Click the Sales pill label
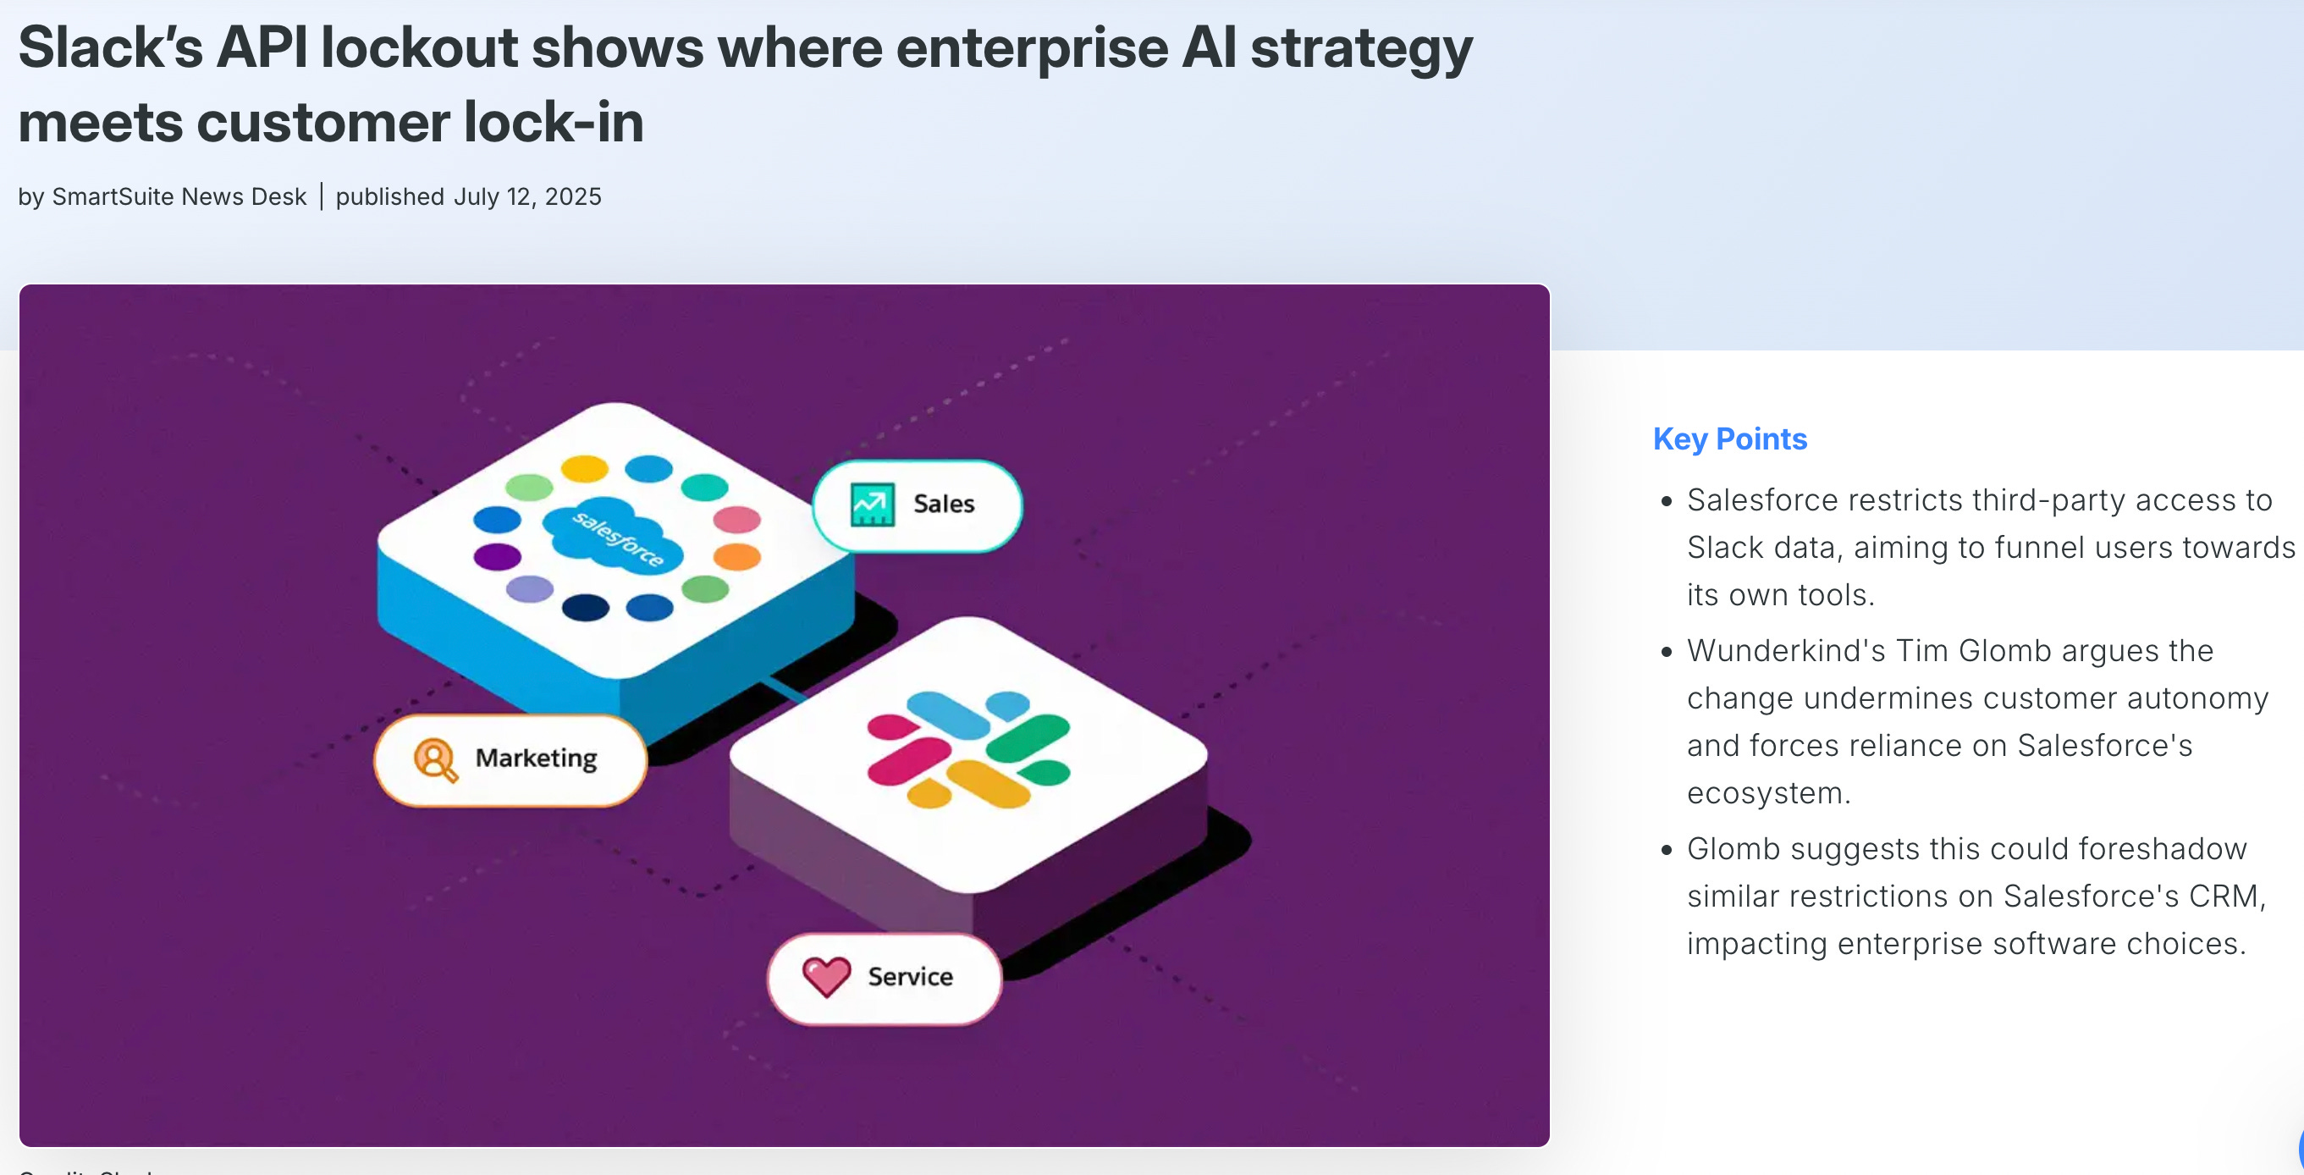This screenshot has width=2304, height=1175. pos(943,505)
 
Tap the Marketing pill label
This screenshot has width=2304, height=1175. pos(535,759)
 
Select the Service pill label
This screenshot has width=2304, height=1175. pos(910,976)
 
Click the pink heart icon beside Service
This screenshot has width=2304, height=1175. pos(825,976)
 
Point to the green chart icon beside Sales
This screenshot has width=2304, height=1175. pos(872,505)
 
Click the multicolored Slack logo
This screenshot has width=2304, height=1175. pos(968,749)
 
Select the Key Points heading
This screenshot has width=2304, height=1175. pos(1729,439)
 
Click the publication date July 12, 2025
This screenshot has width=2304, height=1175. pos(526,196)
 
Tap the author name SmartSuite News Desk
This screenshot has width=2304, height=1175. pos(179,196)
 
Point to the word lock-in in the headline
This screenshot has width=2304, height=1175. pos(554,123)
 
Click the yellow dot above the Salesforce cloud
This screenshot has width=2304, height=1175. pos(584,467)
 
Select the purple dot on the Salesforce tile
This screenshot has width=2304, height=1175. pos(498,556)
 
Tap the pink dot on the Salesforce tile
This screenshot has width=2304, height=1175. pos(737,519)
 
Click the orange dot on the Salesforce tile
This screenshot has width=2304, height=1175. pos(737,556)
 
